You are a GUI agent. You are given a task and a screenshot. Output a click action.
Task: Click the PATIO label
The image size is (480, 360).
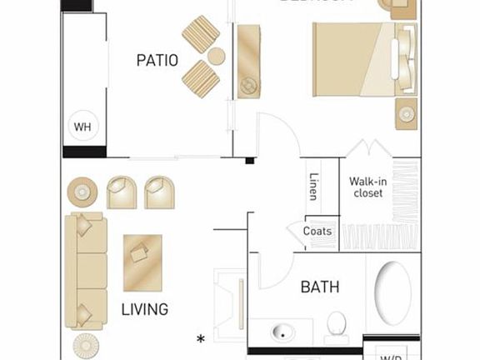[x=157, y=60]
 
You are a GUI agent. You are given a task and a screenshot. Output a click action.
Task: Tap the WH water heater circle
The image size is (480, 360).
[x=82, y=127]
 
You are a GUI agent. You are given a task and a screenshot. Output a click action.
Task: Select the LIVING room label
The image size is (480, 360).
[x=145, y=309]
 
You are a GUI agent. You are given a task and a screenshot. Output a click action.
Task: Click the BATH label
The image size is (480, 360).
[x=320, y=287]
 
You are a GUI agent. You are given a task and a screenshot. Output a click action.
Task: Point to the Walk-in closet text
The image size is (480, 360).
[x=367, y=187]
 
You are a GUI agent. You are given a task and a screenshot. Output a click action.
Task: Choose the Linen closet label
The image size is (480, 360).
[x=313, y=186]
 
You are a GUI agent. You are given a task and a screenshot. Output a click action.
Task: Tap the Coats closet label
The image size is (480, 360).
[x=317, y=231]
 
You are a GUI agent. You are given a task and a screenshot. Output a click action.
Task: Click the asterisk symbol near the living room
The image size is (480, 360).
[x=200, y=338]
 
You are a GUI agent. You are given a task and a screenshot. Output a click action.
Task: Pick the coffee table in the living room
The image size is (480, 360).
[x=143, y=261]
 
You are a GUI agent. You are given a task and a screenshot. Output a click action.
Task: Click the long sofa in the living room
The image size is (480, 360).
[x=87, y=271]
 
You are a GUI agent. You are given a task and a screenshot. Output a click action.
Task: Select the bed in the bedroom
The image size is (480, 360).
[x=364, y=58]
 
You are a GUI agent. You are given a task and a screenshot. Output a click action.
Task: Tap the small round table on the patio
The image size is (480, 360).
[x=217, y=57]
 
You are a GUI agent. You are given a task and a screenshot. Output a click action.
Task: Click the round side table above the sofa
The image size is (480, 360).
[x=82, y=192]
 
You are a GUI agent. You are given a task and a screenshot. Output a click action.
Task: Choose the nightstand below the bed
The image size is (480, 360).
[x=407, y=112]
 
